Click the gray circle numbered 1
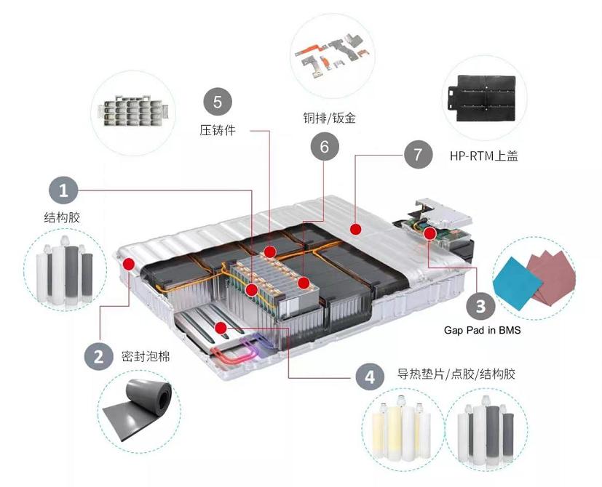(x=64, y=191)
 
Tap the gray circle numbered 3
(x=480, y=306)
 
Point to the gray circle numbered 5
(x=218, y=101)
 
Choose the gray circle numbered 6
(x=324, y=147)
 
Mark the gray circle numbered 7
(x=417, y=154)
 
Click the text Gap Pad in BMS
(x=482, y=329)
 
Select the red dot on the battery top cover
(x=356, y=230)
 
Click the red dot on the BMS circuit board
(x=430, y=234)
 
